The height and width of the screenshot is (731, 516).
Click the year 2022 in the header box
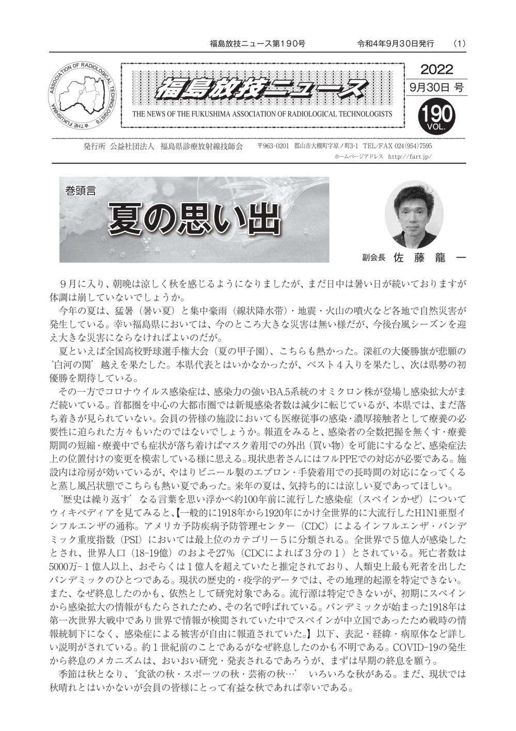coord(436,69)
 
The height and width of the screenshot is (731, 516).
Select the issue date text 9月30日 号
coord(436,87)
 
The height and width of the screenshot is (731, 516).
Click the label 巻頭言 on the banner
coord(80,190)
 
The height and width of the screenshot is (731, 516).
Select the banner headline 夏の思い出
coord(194,219)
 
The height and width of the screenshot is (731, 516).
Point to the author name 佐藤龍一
coord(429,257)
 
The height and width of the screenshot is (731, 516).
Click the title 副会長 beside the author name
coord(374,257)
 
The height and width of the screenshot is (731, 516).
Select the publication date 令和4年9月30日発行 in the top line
coord(395,43)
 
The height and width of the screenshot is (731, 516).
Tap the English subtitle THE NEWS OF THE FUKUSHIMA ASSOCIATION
coord(262,114)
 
